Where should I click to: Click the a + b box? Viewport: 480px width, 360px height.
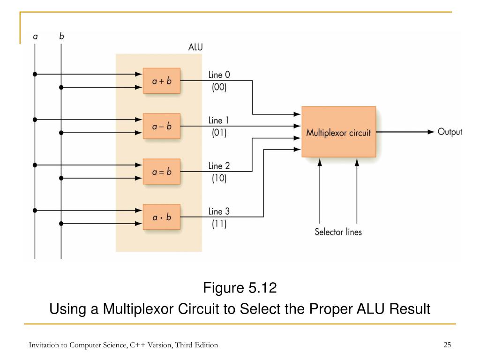(x=162, y=81)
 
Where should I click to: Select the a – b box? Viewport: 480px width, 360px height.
(x=162, y=126)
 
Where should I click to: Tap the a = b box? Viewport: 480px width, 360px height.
(x=162, y=172)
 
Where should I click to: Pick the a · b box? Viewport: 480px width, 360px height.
(x=162, y=217)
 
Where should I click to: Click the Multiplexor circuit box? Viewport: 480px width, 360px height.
(x=339, y=132)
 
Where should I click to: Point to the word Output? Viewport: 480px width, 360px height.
(x=450, y=132)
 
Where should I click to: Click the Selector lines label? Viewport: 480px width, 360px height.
(x=338, y=232)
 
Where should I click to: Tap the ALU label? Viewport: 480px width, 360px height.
(x=195, y=47)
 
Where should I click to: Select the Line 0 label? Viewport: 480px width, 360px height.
(x=219, y=75)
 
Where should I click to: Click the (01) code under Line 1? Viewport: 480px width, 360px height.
(x=219, y=133)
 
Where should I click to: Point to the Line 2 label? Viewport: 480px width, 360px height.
(x=219, y=165)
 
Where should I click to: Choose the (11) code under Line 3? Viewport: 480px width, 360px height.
(x=219, y=224)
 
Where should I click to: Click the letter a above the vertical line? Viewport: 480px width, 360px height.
(x=35, y=37)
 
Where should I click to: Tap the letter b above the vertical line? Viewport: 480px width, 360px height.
(x=61, y=36)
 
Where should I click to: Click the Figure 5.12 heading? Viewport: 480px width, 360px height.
(x=240, y=288)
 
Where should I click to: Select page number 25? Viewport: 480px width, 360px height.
(x=447, y=345)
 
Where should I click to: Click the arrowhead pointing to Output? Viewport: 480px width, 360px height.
(x=431, y=132)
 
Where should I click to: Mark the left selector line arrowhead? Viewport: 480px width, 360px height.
(x=320, y=162)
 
